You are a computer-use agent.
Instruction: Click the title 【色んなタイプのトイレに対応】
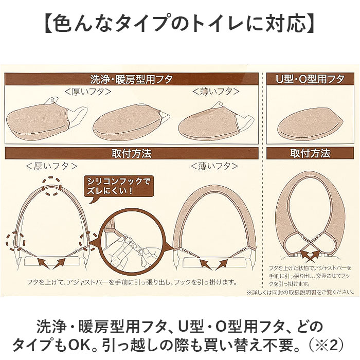point(179,24)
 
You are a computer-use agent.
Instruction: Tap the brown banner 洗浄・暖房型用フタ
point(132,79)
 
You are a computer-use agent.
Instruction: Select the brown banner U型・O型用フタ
point(310,79)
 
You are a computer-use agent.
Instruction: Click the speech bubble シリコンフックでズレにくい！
point(118,188)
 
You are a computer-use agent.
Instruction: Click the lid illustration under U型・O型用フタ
point(311,123)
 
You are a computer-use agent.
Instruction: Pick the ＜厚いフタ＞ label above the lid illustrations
point(88,92)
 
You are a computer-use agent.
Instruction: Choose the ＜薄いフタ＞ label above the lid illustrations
point(216,92)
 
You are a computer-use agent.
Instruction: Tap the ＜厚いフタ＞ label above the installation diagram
point(51,166)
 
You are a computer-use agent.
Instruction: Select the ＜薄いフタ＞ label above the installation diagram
point(214,166)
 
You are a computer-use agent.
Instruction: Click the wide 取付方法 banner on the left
point(132,153)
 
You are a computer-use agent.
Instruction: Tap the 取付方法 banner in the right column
point(310,153)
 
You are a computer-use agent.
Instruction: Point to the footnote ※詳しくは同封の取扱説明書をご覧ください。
point(300,292)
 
